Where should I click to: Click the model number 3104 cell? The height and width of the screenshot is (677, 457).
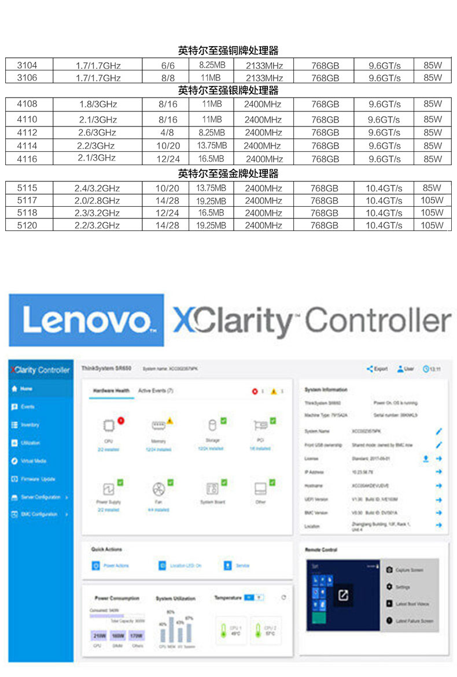[x=27, y=65]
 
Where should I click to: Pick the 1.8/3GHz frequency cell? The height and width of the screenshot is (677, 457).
[x=98, y=104]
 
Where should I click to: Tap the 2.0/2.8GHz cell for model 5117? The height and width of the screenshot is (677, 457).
[x=97, y=200]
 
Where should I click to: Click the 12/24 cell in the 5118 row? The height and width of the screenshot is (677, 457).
[x=167, y=213]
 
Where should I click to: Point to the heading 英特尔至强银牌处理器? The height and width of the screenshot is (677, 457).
[x=228, y=91]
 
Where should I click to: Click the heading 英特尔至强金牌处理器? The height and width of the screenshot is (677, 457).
[x=228, y=173]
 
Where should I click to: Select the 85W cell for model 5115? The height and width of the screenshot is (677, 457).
[x=432, y=188]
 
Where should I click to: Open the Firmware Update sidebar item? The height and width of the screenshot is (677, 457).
[x=38, y=479]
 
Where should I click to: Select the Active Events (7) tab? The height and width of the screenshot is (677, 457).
[x=156, y=391]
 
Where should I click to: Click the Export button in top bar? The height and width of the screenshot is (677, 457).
[x=377, y=369]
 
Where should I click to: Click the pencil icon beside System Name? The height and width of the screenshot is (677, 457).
[x=438, y=431]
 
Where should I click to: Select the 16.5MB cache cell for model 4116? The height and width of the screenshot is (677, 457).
[x=211, y=158]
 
